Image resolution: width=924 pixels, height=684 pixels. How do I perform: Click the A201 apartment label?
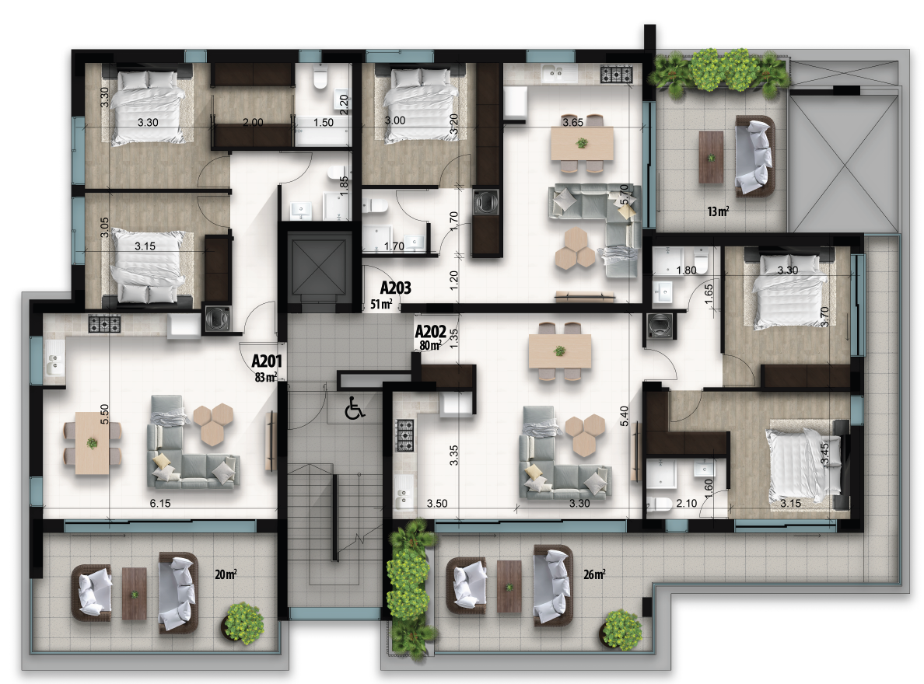pos(267,361)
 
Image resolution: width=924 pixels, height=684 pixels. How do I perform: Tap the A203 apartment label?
pos(395,288)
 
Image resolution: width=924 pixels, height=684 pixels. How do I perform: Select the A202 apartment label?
pos(430,331)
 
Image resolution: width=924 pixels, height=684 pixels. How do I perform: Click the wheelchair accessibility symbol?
pos(355,408)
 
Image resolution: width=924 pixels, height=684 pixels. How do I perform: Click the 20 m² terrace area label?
pos(226,574)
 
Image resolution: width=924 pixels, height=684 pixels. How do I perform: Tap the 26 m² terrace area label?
pos(594,574)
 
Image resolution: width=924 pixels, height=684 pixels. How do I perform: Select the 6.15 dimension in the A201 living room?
pos(160,503)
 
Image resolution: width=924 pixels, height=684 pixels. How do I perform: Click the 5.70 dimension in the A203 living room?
pos(625,195)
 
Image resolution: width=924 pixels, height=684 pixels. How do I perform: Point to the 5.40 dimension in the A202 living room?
pos(625,416)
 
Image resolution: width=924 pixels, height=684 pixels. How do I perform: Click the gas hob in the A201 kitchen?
pos(105,323)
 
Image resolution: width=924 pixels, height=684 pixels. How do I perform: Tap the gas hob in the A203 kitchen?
pos(617,75)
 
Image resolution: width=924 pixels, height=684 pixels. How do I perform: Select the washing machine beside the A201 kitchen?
pos(217,319)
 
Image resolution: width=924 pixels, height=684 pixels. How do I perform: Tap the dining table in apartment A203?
pos(582,143)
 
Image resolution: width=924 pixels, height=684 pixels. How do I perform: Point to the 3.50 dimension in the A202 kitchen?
pos(437,503)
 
